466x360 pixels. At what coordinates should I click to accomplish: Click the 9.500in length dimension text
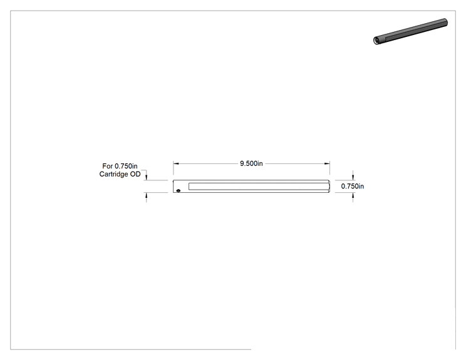click(251, 163)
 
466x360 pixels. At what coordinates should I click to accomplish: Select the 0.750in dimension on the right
click(353, 186)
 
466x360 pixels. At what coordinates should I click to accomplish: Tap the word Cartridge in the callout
click(114, 174)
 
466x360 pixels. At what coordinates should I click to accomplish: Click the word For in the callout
click(107, 166)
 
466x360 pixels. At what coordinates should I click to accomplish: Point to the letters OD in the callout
click(135, 174)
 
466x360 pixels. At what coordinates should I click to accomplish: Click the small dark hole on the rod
click(179, 190)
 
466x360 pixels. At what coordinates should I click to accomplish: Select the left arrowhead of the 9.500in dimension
click(176, 163)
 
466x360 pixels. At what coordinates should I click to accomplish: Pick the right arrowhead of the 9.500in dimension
click(327, 163)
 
